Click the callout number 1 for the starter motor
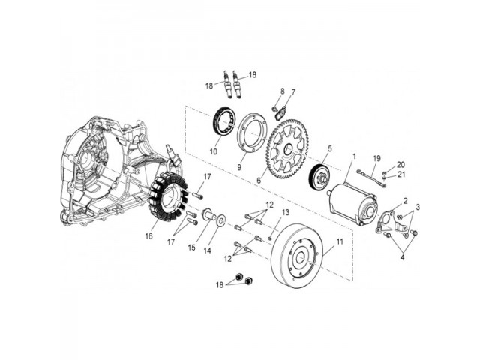click(x=354, y=157)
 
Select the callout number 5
click(x=330, y=149)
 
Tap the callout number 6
click(x=259, y=181)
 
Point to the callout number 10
click(x=213, y=151)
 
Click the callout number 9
click(x=239, y=167)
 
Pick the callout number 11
click(x=340, y=241)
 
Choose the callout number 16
click(x=148, y=236)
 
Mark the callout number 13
click(x=285, y=212)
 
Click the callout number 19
click(x=376, y=158)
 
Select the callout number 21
click(x=401, y=175)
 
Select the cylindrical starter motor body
click(x=352, y=202)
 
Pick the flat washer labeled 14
click(x=220, y=221)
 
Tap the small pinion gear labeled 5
click(x=319, y=178)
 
